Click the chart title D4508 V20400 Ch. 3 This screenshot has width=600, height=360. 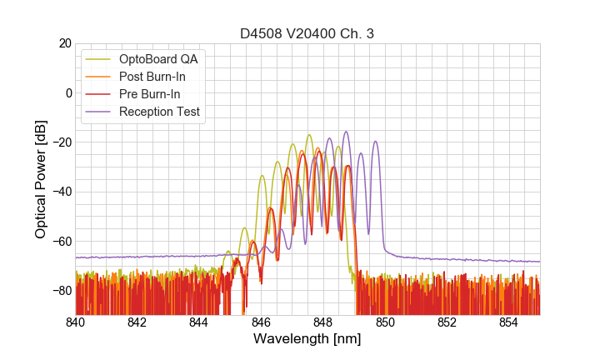(307, 34)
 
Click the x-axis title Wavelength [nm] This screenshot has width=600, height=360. (307, 339)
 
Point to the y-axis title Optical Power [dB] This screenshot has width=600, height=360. (41, 179)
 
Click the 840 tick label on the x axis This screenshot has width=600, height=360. (76, 322)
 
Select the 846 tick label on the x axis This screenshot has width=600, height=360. (261, 322)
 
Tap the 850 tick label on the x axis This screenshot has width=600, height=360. (385, 322)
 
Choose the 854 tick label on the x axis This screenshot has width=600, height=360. (508, 322)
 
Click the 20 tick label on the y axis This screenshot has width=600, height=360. (63, 43)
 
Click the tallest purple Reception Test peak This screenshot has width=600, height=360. (346, 132)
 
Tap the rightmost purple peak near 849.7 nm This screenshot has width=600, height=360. (375, 142)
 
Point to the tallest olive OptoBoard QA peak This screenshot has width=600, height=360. (309, 135)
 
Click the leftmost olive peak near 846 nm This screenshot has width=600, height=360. (262, 176)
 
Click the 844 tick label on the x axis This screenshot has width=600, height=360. (199, 322)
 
